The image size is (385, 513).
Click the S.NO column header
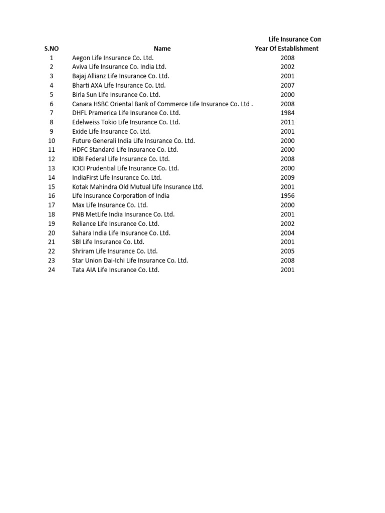(x=52, y=49)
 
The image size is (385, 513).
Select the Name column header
(x=162, y=49)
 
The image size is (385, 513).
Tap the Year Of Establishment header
(x=287, y=49)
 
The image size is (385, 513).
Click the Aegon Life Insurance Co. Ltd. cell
(x=113, y=58)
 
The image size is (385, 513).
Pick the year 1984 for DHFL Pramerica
(x=288, y=113)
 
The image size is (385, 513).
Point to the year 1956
(x=288, y=196)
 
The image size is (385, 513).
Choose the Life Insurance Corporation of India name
(x=121, y=196)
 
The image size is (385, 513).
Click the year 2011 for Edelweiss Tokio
(x=288, y=122)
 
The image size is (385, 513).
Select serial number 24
(x=52, y=270)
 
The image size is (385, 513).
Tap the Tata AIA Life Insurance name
(x=116, y=270)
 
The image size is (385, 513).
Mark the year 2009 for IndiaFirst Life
(x=288, y=177)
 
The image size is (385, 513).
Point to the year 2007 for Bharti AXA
(x=288, y=85)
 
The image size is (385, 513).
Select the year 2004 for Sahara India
(x=288, y=233)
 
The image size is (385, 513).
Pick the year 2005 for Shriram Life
(x=288, y=251)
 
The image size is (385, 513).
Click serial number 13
(x=52, y=168)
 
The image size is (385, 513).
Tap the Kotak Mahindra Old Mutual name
(x=138, y=187)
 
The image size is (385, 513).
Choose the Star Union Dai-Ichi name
(x=130, y=261)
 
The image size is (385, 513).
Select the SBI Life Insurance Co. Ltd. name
(x=108, y=242)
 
